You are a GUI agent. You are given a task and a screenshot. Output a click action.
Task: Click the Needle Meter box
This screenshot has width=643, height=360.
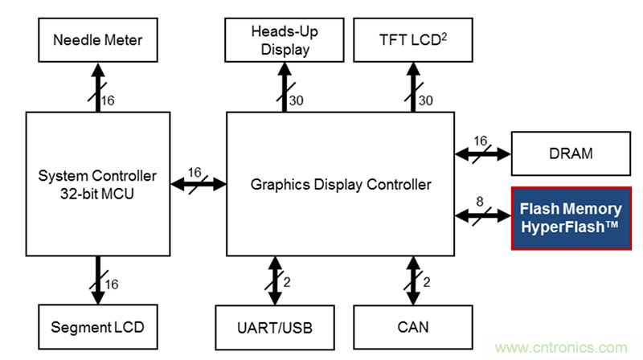coord(98,38)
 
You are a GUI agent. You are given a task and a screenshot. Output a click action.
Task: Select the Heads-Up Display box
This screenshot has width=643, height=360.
coord(283,38)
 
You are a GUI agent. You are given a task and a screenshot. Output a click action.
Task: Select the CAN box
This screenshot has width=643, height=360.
coord(413,326)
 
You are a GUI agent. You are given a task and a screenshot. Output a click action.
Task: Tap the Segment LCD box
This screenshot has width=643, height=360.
coord(98,326)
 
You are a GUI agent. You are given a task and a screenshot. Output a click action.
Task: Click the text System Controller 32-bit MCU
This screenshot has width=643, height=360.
coord(98,184)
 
